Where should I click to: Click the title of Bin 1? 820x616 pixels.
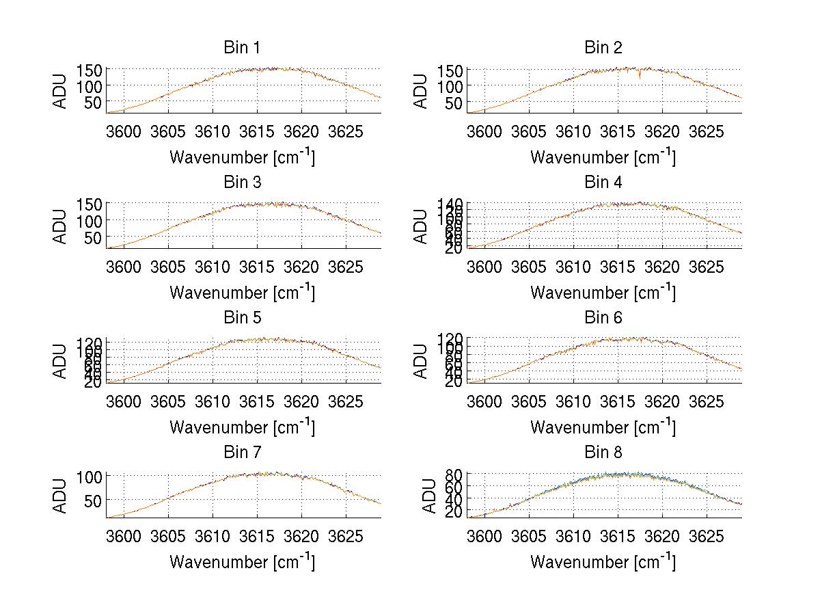(241, 48)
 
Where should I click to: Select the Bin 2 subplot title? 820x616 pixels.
(603, 48)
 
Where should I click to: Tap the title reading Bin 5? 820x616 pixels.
(241, 318)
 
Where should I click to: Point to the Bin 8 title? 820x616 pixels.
(603, 453)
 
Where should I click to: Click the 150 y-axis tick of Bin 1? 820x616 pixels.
(90, 70)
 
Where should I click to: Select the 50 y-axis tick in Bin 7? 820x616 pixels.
(94, 500)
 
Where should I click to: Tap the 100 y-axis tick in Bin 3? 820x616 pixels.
(90, 221)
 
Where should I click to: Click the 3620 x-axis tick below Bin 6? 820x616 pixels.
(661, 401)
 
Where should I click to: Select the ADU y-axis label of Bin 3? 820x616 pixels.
(61, 226)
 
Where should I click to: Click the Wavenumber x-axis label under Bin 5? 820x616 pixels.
(242, 427)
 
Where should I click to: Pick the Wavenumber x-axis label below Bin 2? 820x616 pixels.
(603, 157)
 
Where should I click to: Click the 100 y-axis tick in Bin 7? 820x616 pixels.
(90, 475)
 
